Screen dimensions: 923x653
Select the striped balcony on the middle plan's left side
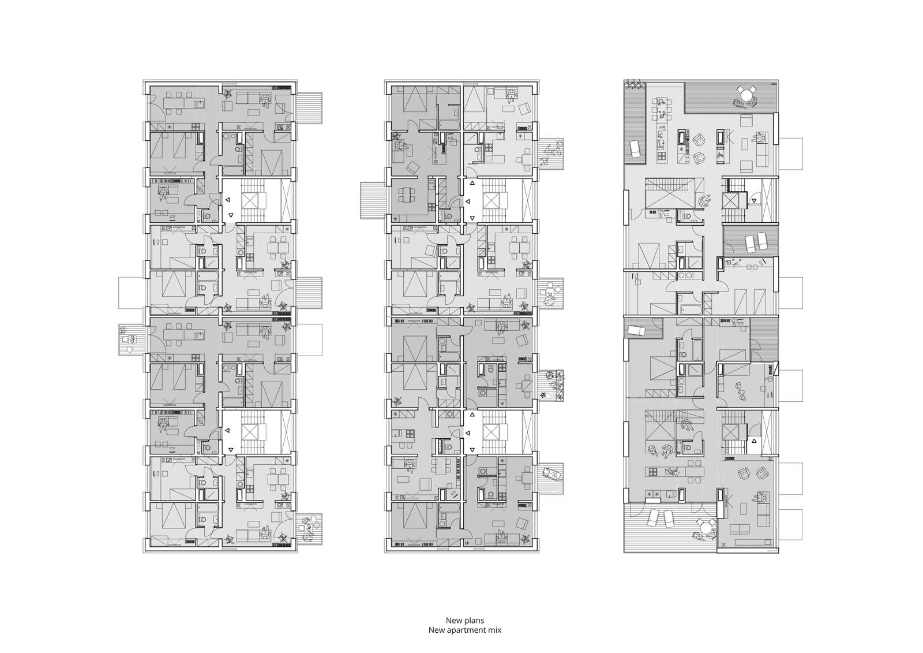coord(373,200)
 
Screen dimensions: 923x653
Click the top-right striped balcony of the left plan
coord(309,107)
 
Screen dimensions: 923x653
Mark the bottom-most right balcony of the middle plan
coord(551,479)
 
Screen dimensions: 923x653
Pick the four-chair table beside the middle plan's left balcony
coord(406,198)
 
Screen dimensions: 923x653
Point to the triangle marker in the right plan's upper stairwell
coord(754,200)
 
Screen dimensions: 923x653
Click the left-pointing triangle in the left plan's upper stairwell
coord(227,200)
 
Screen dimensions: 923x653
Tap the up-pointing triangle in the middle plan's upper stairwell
coord(472,183)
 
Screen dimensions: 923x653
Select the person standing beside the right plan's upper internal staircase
coord(704,201)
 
